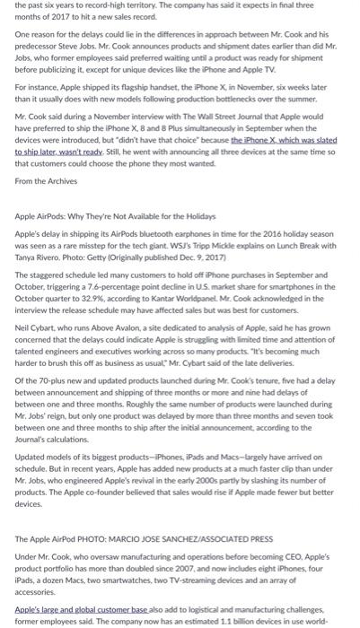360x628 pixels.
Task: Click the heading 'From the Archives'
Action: click(41, 179)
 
